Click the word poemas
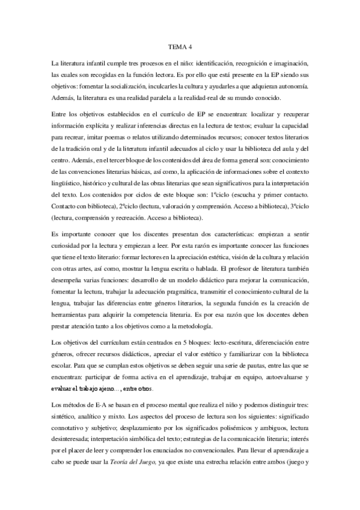122,137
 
